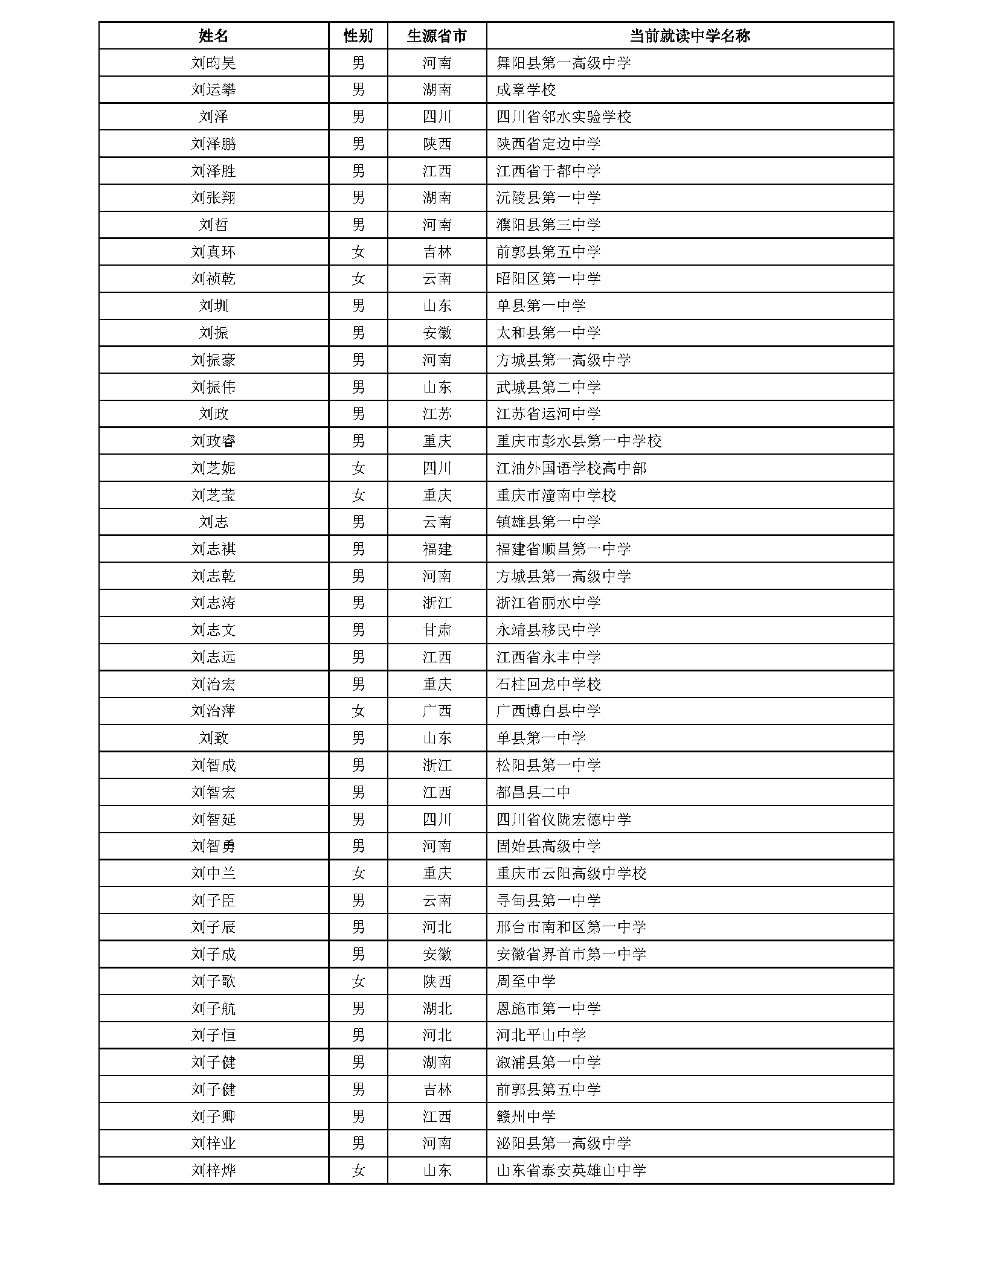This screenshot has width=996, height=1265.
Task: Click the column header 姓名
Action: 213,36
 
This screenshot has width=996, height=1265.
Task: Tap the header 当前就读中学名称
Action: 689,36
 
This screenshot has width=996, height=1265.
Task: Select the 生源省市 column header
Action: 437,36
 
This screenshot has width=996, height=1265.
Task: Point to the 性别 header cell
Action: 358,36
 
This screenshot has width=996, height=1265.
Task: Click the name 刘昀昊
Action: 213,63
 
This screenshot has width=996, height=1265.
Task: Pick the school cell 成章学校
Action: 525,90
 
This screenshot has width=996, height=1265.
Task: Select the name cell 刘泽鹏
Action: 213,144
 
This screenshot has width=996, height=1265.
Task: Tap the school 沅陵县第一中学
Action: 548,198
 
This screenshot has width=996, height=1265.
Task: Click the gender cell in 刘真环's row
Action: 358,252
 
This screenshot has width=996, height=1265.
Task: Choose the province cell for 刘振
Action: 437,333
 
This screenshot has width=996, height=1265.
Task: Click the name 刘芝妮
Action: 213,468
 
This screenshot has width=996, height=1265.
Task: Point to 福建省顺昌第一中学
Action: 563,549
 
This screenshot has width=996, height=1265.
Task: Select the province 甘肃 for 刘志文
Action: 437,630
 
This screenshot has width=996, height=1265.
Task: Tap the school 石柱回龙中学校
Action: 548,684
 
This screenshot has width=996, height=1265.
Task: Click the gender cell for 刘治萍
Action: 358,711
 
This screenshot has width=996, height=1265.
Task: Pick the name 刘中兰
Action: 213,873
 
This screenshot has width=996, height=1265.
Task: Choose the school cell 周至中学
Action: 525,981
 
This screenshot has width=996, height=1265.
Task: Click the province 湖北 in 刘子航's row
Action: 437,1008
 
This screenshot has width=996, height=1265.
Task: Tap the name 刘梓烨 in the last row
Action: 213,1170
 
